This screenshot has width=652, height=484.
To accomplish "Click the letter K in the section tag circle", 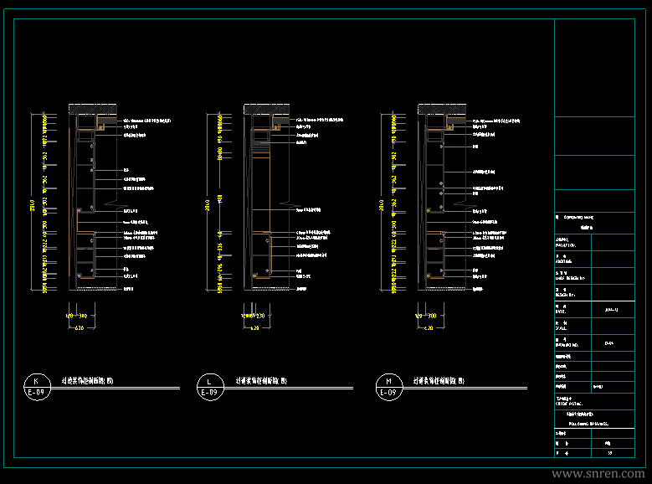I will tap(35, 379).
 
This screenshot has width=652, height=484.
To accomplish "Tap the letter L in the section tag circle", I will tap(208, 379).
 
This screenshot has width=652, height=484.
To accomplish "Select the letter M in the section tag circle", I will tap(388, 379).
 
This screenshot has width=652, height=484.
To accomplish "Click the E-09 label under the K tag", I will tap(35, 392).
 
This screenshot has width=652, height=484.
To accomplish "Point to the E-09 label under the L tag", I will tap(208, 392).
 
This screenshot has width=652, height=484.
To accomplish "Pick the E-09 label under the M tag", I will tap(388, 392).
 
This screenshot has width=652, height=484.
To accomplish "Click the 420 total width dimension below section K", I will tap(80, 329).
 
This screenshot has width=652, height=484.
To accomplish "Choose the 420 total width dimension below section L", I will tap(254, 329).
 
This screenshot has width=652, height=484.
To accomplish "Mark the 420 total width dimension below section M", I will tap(429, 329).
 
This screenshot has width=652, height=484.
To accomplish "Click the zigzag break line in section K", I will tap(116, 203).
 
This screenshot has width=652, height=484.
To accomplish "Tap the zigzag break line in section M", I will tap(465, 203).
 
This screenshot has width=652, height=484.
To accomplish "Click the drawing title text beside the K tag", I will tap(93, 379).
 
